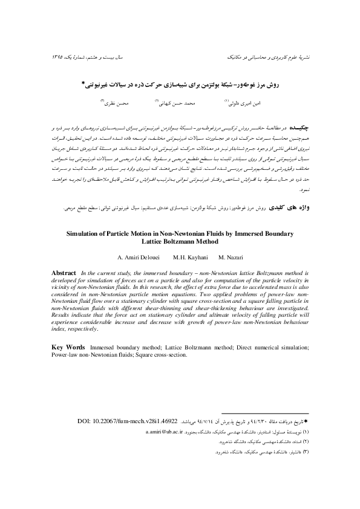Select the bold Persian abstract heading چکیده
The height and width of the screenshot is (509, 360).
(x=299, y=129)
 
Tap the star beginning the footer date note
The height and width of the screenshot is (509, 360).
(x=307, y=419)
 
